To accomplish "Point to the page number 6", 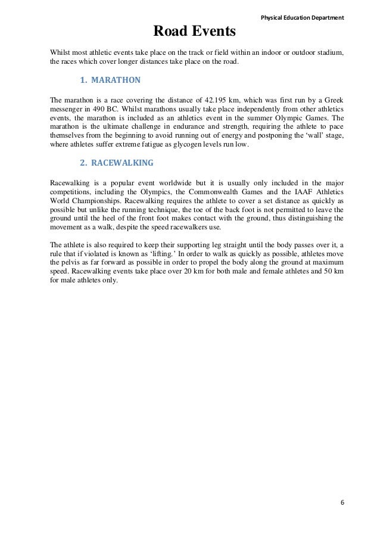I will [x=342, y=502].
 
